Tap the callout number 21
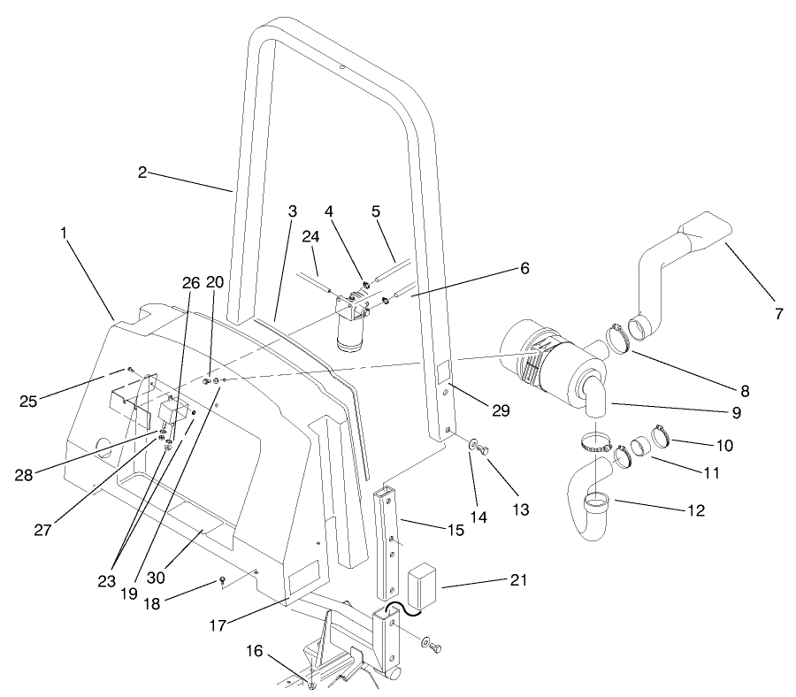pos(517,580)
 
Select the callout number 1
pos(65,232)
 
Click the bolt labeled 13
pos(484,450)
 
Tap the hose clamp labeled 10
pos(661,436)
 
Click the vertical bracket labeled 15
pos(390,540)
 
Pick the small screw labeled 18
pos(223,581)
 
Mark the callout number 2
pos(142,172)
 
